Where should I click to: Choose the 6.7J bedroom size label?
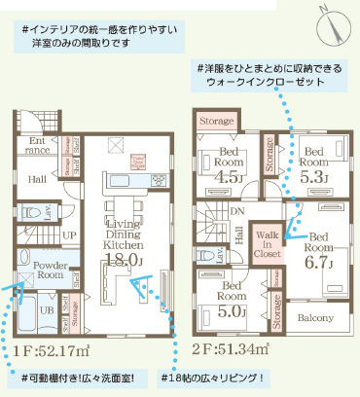tap(319, 260)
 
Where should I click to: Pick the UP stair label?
tap(42, 235)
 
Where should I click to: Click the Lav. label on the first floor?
tap(42, 208)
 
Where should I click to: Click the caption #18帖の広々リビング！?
tap(212, 377)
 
